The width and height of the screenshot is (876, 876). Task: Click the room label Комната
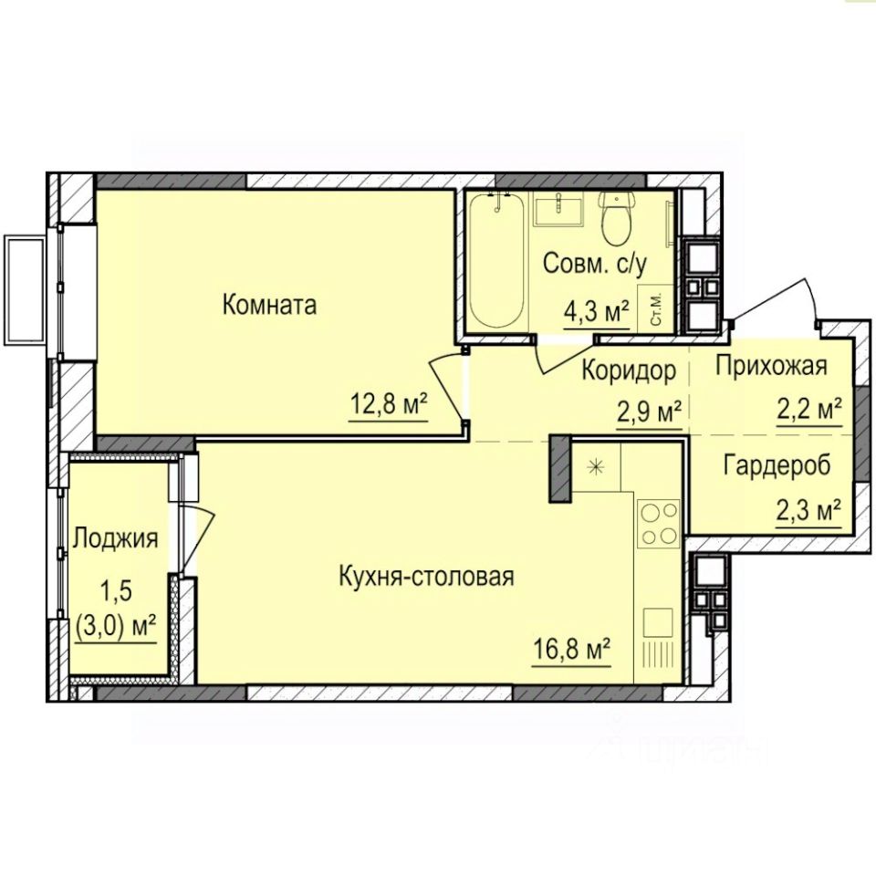269,306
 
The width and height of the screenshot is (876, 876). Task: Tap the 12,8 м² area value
389,404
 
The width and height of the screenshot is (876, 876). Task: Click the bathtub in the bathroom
496,260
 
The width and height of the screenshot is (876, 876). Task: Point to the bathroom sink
558,209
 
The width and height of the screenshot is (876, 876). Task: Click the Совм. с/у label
594,263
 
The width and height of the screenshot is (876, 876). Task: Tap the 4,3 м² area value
597,312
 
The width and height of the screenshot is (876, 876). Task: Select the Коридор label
629,370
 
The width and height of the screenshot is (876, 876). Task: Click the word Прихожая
771,366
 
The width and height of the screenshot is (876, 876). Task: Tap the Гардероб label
777,465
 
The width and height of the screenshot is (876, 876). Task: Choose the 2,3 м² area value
809,510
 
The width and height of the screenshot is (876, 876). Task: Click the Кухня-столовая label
426,576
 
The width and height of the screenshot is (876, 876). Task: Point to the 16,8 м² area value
571,651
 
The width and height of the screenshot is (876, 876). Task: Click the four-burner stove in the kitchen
659,524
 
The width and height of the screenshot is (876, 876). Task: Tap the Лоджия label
116,538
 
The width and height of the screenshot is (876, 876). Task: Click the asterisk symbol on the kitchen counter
597,466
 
